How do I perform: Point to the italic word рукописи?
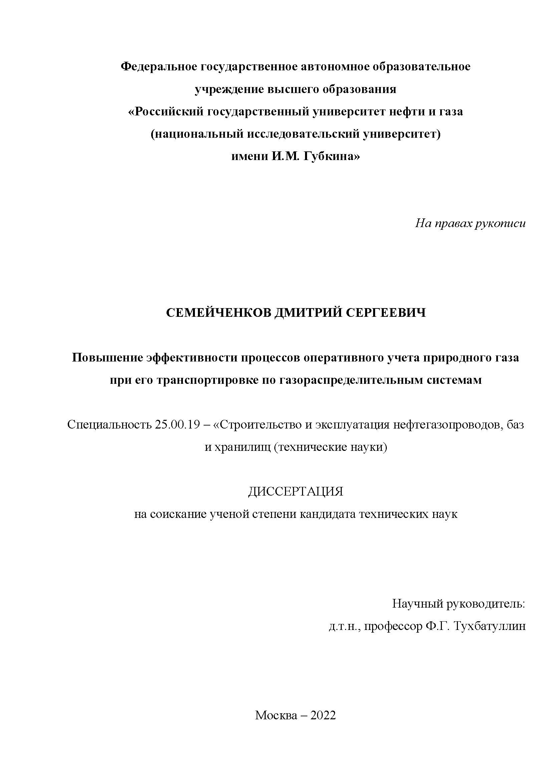tap(500, 223)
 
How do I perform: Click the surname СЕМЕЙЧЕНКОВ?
tap(219, 313)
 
